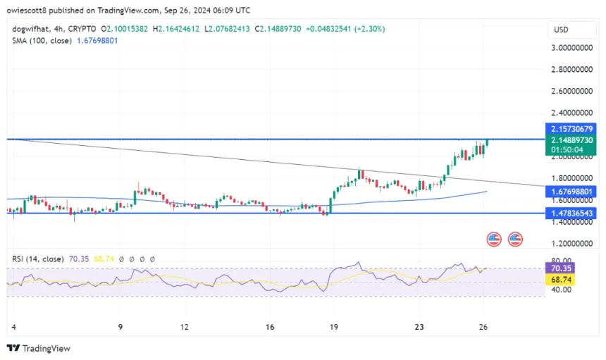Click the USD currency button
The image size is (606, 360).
pyautogui.click(x=561, y=30)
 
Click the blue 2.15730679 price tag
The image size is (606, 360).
pyautogui.click(x=571, y=129)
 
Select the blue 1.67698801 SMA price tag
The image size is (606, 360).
pyautogui.click(x=571, y=190)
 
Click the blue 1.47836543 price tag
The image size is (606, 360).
pyautogui.click(x=571, y=213)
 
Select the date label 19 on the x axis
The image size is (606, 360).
pyautogui.click(x=334, y=327)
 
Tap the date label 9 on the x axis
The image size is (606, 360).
pyautogui.click(x=120, y=327)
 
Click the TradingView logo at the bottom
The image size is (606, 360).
pyautogui.click(x=38, y=348)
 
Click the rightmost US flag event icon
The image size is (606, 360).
pyautogui.click(x=515, y=240)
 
